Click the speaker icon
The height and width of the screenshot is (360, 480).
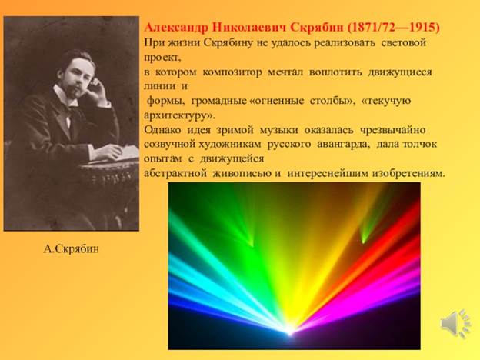pos(456,323)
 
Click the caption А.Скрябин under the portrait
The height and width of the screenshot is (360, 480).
pos(71,249)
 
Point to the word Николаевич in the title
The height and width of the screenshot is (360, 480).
pos(249,27)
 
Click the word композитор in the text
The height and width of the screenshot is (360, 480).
pos(232,72)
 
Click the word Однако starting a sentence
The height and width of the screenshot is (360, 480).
pos(162,130)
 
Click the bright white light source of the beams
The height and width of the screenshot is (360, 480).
pos(289,331)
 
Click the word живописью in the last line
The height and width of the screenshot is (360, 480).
pos(242,174)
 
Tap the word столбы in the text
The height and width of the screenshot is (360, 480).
pos(332,101)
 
